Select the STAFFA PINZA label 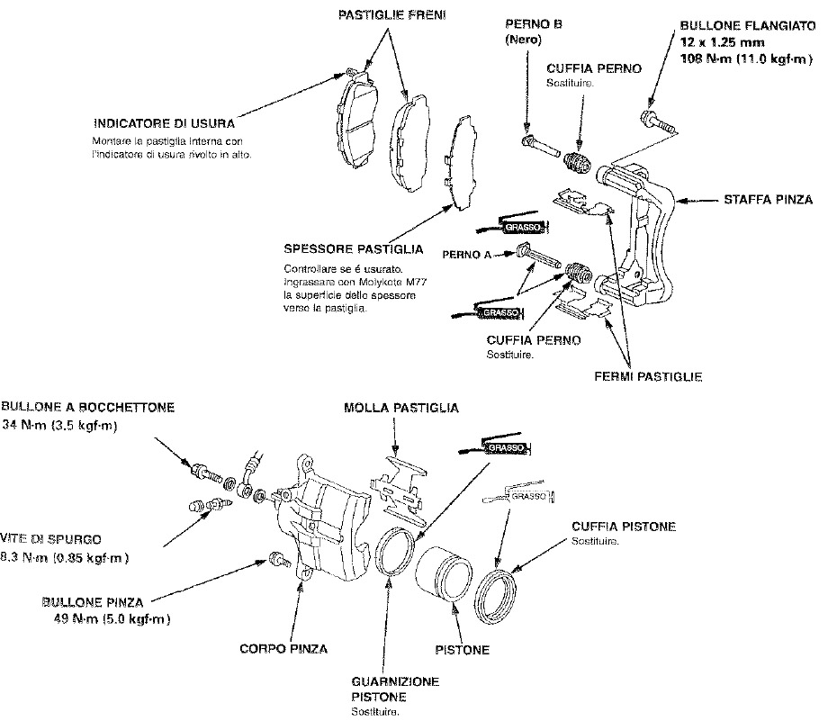point(768,199)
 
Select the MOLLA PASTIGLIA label point(401,408)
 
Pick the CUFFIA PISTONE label point(623,527)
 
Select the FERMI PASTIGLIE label point(648,375)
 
